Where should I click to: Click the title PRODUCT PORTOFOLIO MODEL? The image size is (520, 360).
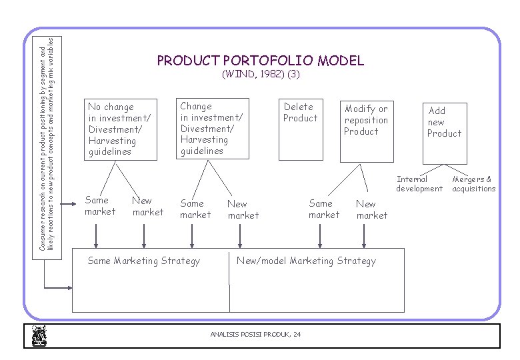(x=260, y=61)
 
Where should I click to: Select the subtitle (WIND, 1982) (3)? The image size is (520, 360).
(x=260, y=75)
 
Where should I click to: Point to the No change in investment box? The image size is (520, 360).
(x=121, y=129)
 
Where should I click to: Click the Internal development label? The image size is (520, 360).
(x=419, y=184)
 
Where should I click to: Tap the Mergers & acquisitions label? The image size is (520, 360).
(x=473, y=184)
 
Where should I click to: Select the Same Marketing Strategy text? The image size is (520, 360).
(x=143, y=261)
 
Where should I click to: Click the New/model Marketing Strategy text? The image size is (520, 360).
(x=306, y=261)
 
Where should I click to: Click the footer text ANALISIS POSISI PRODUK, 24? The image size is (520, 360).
(x=255, y=334)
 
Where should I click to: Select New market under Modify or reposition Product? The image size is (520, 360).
(x=371, y=210)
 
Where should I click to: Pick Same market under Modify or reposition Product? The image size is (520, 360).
(x=323, y=209)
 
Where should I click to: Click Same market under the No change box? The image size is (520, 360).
(x=99, y=206)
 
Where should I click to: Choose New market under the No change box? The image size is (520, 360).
(x=147, y=206)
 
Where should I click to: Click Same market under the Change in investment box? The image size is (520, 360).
(x=195, y=209)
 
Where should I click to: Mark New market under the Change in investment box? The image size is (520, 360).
(x=243, y=210)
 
